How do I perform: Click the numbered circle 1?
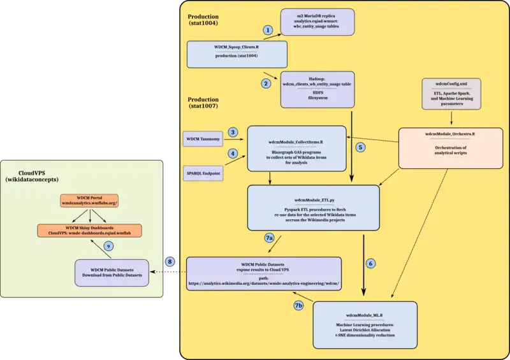[268, 30]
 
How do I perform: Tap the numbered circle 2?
[266, 83]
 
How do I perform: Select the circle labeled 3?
[233, 132]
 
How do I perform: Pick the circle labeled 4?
[233, 154]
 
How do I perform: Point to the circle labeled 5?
[361, 147]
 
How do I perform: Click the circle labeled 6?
[372, 263]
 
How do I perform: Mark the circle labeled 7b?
[298, 305]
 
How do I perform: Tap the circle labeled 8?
[170, 261]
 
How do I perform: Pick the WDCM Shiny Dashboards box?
[89, 229]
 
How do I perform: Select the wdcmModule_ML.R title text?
[365, 315]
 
